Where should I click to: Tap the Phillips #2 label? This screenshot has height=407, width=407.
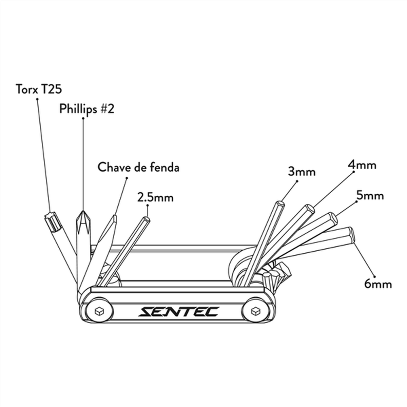tap(87, 109)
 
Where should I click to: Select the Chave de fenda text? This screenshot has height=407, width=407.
tap(138, 167)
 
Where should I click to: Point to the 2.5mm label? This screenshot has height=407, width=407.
tap(155, 197)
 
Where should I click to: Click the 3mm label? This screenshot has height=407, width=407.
tap(302, 172)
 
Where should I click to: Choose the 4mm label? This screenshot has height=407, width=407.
tap(362, 165)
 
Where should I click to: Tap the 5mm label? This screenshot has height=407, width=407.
tap(370, 196)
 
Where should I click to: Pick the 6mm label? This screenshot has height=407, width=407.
tap(378, 284)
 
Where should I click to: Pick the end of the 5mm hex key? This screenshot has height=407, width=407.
tap(333, 218)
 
